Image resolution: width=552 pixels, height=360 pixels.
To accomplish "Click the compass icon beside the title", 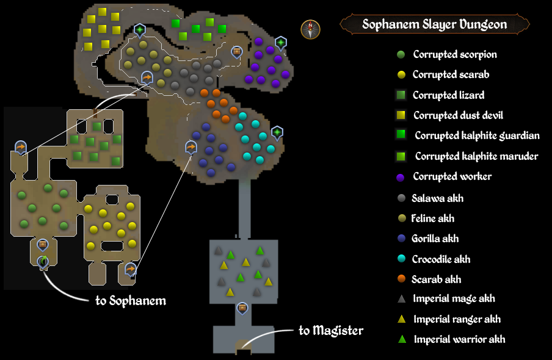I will (310, 29).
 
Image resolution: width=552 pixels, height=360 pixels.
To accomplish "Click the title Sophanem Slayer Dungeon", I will (434, 24).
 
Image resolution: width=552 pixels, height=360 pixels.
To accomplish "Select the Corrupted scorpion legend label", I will (454, 54).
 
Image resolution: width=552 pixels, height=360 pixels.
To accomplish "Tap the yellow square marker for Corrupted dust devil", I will (401, 115).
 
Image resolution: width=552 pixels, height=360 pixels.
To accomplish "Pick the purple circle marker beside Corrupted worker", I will (401, 177).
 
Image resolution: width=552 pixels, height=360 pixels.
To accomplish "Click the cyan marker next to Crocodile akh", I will (401, 259).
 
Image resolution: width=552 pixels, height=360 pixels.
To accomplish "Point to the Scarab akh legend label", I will (437, 279).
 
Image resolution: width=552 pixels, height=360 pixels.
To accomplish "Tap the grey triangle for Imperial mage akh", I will (401, 299).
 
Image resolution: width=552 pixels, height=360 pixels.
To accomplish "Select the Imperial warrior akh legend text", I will (459, 339).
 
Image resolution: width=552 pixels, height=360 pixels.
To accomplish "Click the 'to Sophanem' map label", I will (131, 301).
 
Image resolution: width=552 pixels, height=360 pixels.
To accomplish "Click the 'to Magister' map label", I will (330, 331).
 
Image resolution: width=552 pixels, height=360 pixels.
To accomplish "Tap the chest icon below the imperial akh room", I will (242, 308).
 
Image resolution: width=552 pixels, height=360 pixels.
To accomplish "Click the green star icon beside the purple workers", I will (280, 43).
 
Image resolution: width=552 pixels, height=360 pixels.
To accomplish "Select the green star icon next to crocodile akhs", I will (277, 132).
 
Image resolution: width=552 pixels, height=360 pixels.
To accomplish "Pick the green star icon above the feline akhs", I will (140, 29).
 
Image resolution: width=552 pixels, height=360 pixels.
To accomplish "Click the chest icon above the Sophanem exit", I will (43, 245).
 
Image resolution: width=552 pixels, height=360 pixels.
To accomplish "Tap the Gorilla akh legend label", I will (435, 239).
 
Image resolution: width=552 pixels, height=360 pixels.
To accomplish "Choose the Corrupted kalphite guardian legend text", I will (477, 135).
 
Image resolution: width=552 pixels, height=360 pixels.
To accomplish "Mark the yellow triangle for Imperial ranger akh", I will (401, 319).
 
